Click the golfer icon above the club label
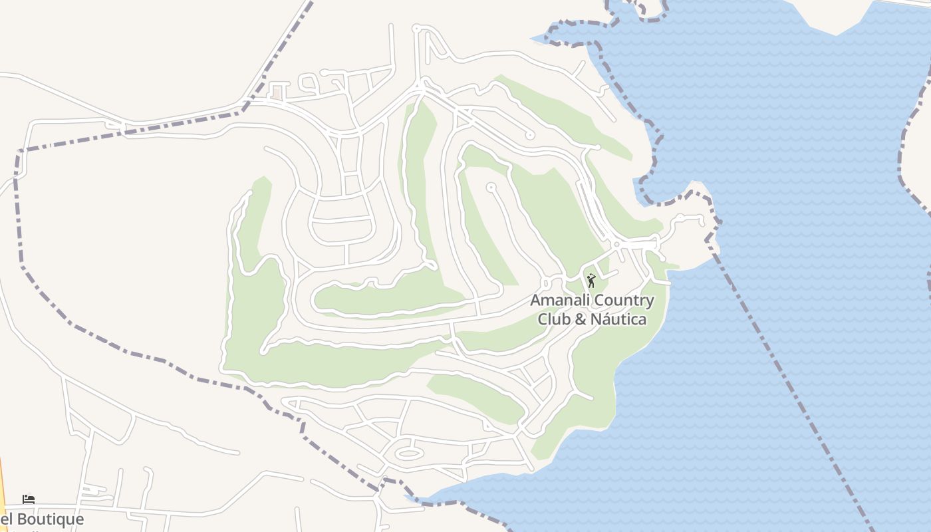pos(591,281)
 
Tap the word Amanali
pos(559,301)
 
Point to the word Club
pos(553,319)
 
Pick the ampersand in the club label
pos(580,319)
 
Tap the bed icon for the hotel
pos(29,499)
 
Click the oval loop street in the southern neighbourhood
pos(409,454)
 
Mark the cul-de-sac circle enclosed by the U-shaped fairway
pos(491,188)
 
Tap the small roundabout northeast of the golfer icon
pos(616,245)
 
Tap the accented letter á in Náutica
pos(610,319)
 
